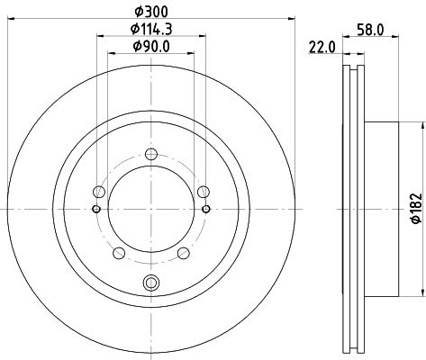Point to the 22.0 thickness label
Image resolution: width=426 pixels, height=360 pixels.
click(x=322, y=47)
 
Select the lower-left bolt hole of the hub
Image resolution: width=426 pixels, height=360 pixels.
click(x=118, y=251)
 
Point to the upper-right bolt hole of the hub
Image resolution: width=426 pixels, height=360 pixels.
click(x=203, y=190)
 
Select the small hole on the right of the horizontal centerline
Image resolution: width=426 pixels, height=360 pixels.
click(x=207, y=209)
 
